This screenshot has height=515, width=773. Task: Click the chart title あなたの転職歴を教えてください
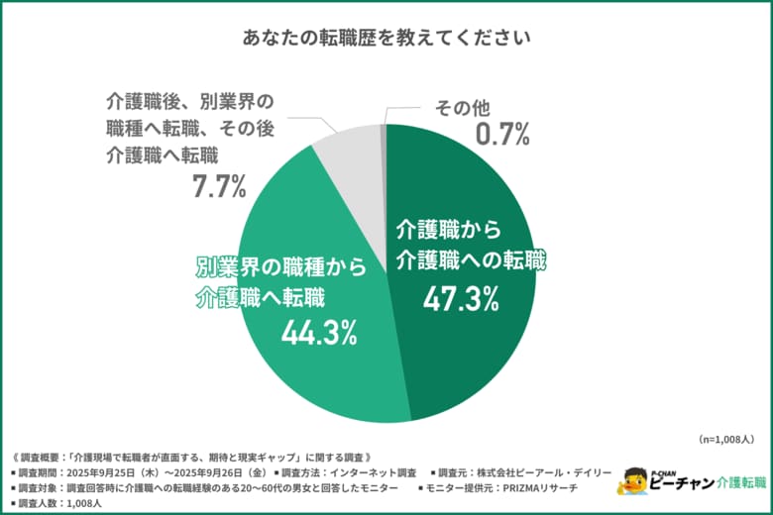[386, 38]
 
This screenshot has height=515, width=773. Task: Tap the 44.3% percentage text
[319, 334]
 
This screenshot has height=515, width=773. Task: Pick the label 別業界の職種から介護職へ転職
[281, 280]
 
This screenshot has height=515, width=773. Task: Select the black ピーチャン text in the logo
[683, 483]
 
